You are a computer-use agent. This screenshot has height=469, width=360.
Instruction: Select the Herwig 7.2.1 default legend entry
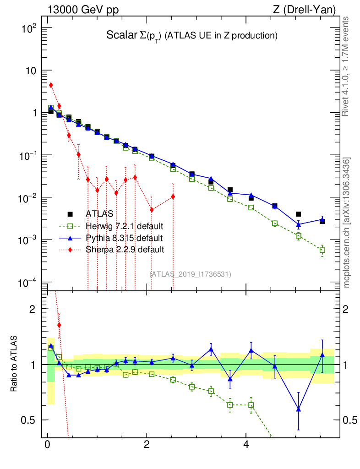124,226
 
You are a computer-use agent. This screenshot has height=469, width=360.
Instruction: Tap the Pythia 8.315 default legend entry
124,238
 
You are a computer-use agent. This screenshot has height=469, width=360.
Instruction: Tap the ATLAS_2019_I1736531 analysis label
190,274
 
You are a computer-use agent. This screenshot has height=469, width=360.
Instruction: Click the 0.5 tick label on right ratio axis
349,420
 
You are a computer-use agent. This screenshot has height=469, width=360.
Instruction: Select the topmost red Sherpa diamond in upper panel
51,85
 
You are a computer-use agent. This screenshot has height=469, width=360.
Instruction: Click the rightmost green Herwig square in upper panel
322,250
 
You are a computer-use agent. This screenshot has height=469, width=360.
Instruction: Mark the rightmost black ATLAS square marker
322,221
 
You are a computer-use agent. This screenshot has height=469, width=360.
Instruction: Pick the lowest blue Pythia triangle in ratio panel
299,409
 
